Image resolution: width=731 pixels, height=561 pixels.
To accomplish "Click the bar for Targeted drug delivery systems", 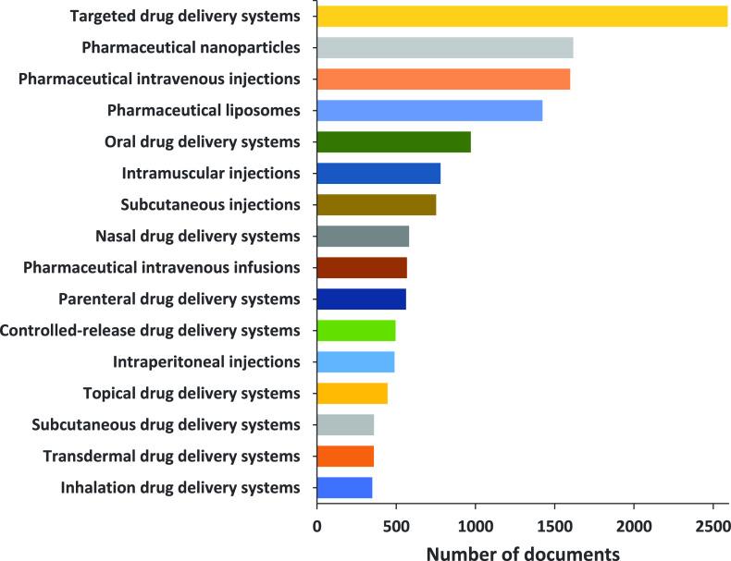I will click(522, 16).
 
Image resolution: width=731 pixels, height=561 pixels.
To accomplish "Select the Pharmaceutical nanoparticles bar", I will click(445, 47).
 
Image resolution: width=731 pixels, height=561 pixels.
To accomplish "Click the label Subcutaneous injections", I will click(211, 205).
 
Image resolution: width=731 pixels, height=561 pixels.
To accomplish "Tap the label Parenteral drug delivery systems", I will click(180, 299).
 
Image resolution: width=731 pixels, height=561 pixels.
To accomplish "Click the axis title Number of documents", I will click(523, 552).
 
